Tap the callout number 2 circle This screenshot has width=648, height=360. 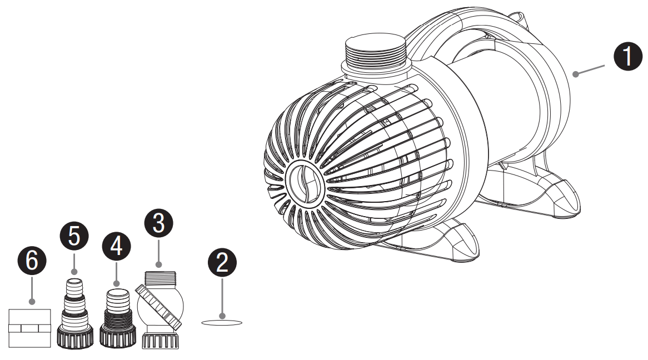(222, 263)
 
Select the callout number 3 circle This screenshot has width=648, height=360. (158, 224)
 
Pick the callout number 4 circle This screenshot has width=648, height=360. (116, 247)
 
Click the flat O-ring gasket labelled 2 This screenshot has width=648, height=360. (222, 322)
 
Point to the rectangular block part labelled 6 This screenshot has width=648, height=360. (31, 328)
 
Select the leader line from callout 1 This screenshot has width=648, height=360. (590, 69)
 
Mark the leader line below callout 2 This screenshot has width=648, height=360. (222, 297)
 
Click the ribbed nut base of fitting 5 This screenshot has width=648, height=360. (74, 337)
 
